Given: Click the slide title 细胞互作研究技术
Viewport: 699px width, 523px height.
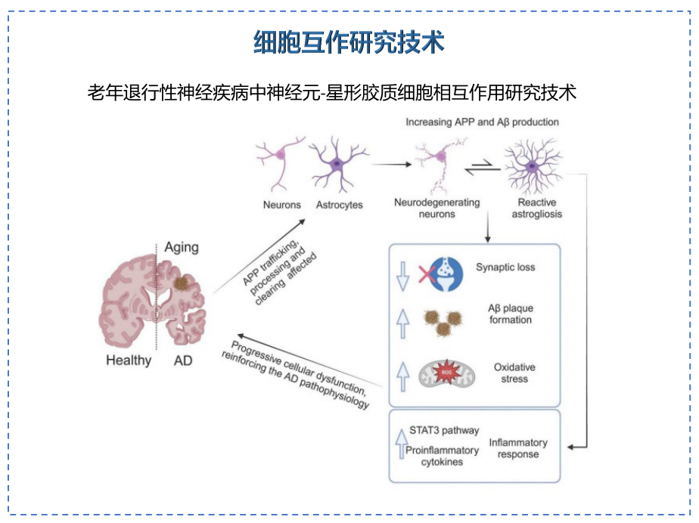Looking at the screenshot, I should [349, 43].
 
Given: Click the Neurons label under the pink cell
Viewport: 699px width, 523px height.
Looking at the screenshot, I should [281, 205].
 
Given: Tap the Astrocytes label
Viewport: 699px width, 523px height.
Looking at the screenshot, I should [339, 205].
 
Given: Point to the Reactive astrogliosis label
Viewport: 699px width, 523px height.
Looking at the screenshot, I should [537, 209].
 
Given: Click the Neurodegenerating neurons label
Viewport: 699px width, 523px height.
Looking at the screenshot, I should [437, 209].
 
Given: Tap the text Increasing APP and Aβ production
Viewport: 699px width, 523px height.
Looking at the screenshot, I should [482, 122].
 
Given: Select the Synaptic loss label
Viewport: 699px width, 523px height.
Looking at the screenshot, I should [505, 267].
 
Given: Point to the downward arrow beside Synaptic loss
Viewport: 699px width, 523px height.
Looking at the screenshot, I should [402, 277].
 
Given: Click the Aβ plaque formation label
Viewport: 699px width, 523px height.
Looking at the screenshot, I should [510, 314].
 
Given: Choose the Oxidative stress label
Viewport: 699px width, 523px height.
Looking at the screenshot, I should [514, 373].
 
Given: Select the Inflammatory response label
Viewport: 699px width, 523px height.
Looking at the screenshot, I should [518, 448].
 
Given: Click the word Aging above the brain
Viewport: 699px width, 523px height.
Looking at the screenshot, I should [182, 247].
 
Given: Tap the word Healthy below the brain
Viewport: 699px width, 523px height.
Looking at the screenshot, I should [129, 360].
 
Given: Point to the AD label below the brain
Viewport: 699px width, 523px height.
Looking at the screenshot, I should [183, 360].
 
